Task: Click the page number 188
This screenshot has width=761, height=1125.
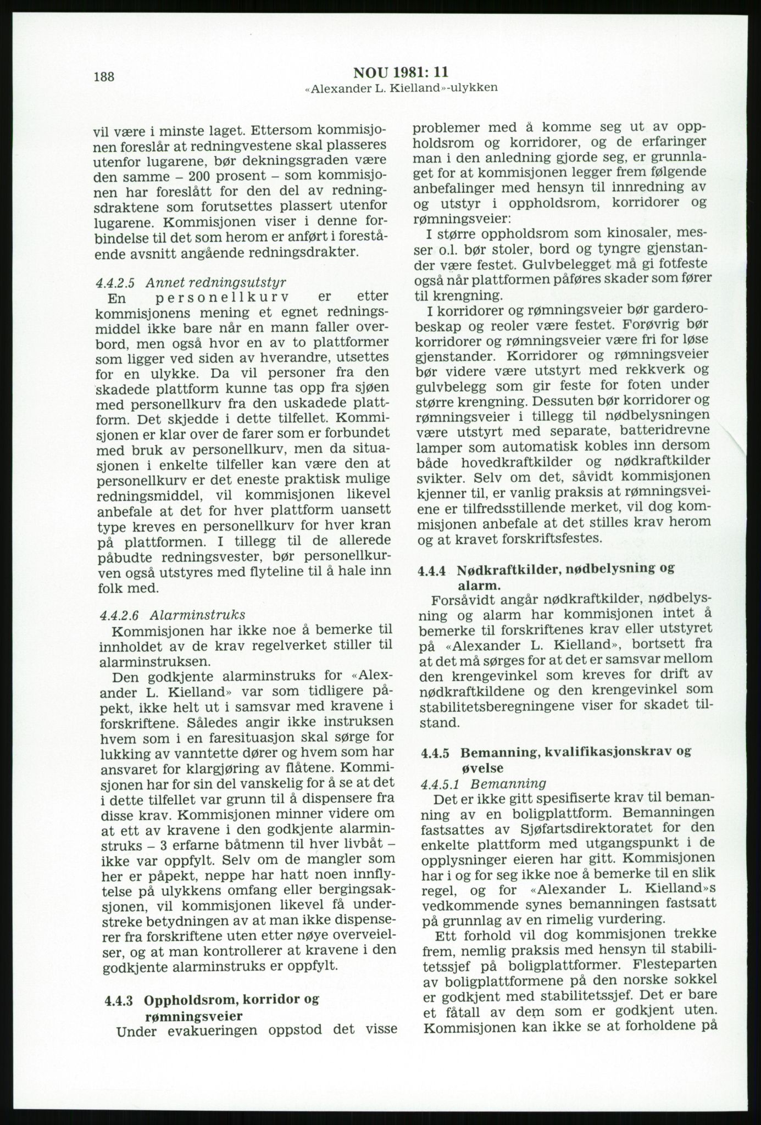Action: pos(104,76)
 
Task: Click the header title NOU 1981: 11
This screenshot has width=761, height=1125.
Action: pos(401,73)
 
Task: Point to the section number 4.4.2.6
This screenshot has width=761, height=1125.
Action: pos(116,613)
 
